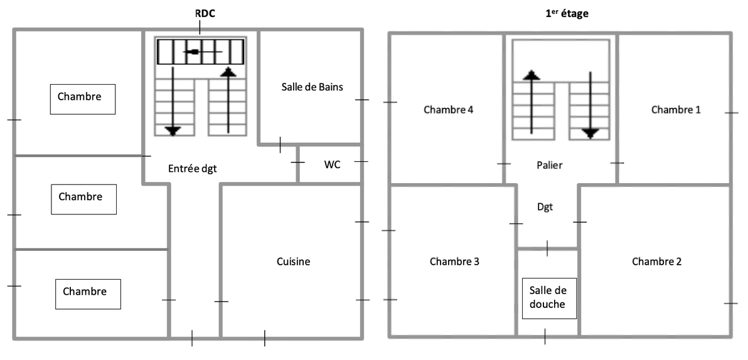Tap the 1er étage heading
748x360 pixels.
pos(567,13)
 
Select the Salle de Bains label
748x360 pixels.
pos(312,87)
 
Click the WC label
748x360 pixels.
pos(332,164)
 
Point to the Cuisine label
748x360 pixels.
pos(293,262)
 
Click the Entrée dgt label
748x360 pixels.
pos(193,168)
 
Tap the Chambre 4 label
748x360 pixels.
pos(448,110)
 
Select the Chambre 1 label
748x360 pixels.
pos(676,110)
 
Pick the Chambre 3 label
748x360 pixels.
pos(454,262)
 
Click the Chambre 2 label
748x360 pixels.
pos(656,262)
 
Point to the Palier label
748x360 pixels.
pos(550,166)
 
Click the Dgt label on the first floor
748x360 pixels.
pos(545,206)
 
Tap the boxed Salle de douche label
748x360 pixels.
pos(547,297)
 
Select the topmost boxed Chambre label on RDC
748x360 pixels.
pos(83,98)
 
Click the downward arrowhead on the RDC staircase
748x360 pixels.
pos(173,130)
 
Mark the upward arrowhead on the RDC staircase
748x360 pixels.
pos(228,71)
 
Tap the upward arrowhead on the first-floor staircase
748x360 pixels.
pos(532,75)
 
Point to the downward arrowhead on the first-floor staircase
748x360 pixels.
pos(590,133)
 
